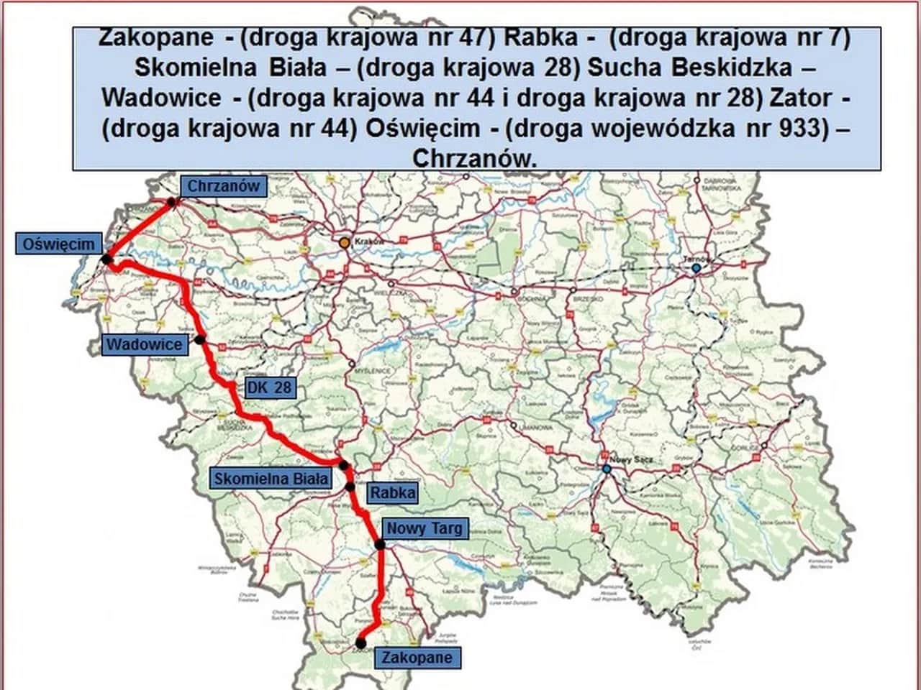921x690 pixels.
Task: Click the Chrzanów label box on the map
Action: tap(222, 186)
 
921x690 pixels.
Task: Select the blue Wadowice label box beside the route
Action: tap(145, 344)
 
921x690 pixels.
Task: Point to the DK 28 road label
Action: tap(270, 388)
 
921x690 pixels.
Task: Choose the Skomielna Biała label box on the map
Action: tap(271, 478)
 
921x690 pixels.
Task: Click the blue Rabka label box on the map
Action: tap(392, 492)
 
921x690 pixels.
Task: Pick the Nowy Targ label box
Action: tap(425, 528)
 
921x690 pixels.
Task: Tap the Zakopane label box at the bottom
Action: tap(417, 657)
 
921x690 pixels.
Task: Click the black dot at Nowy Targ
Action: tap(380, 545)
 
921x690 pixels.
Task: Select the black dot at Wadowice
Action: tap(200, 339)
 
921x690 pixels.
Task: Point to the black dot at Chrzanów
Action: tap(171, 203)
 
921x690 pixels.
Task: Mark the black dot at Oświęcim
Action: tap(107, 259)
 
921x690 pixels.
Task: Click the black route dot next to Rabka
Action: tap(350, 487)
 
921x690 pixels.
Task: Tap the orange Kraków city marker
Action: tap(345, 243)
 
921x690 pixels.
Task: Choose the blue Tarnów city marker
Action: tap(696, 268)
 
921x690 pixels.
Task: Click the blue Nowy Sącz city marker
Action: tap(607, 469)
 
